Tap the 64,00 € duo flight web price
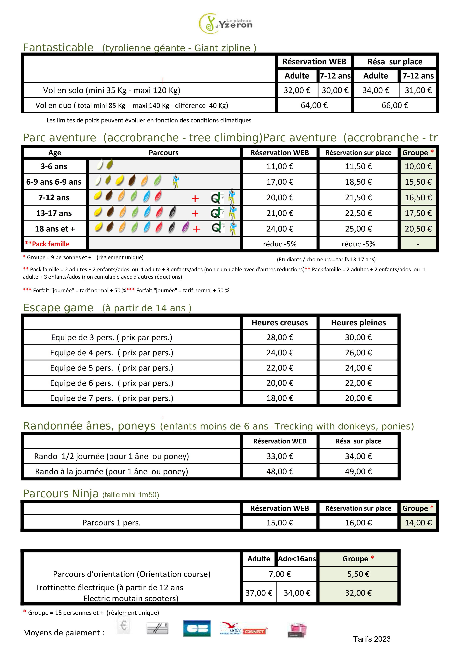click(x=314, y=105)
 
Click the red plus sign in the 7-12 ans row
click(x=195, y=198)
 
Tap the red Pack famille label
click(x=47, y=244)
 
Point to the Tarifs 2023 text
click(x=372, y=639)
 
